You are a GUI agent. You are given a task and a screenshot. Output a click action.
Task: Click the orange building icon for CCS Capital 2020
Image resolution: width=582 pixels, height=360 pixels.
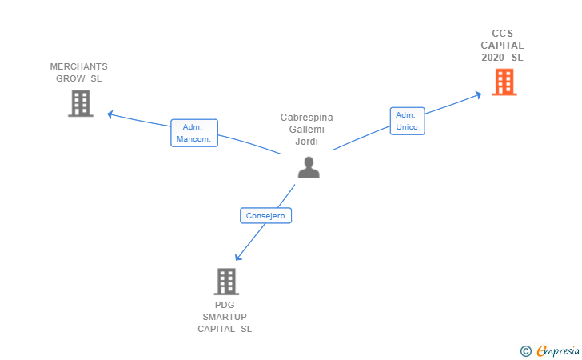(504, 82)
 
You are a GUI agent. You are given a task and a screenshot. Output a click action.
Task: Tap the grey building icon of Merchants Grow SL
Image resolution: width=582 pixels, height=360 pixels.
(80, 103)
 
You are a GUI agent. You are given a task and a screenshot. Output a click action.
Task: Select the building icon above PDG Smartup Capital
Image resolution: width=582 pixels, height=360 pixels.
(226, 282)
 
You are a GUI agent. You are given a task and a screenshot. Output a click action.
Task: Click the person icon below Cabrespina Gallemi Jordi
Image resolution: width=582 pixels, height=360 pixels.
(309, 166)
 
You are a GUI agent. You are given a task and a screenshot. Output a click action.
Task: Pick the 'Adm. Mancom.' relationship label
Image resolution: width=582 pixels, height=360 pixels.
(193, 133)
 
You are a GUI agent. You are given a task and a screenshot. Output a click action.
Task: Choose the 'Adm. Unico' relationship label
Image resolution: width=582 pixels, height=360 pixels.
(407, 121)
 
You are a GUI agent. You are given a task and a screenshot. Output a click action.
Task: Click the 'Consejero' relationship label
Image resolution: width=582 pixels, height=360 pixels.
(265, 215)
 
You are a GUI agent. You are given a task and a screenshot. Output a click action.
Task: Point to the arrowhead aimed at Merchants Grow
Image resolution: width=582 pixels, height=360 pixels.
(111, 114)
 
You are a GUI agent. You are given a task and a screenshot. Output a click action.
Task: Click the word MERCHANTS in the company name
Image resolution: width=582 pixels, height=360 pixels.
(78, 66)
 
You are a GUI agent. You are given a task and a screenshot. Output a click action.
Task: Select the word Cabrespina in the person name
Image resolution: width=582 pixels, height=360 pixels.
(306, 118)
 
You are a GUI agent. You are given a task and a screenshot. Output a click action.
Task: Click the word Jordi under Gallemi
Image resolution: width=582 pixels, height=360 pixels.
(306, 142)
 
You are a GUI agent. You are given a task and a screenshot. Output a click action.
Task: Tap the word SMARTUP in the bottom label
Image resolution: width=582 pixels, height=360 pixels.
(225, 317)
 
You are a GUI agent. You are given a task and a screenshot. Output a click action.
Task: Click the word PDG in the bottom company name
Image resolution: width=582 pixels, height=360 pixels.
(225, 305)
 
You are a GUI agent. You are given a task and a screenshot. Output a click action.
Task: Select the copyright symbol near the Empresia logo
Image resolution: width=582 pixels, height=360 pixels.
(525, 350)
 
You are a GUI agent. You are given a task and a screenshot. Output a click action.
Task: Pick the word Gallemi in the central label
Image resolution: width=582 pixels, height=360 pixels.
(306, 130)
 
